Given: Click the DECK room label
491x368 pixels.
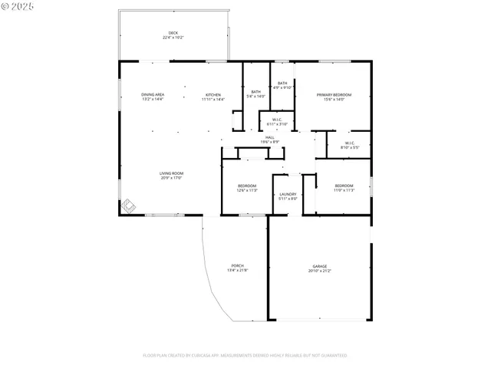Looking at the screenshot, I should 173,32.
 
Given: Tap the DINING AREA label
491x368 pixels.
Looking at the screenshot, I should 153,94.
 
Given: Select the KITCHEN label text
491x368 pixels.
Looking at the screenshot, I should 213,94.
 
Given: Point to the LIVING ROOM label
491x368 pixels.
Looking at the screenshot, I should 171,173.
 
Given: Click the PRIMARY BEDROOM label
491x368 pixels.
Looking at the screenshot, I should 334,94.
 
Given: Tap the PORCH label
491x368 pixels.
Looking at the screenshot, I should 236,267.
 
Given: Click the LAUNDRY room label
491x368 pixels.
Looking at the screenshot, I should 288,194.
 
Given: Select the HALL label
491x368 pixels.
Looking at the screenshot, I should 269,137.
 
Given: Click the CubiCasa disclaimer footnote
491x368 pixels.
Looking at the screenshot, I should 245,356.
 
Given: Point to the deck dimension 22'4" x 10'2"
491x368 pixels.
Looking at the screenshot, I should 173,37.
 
